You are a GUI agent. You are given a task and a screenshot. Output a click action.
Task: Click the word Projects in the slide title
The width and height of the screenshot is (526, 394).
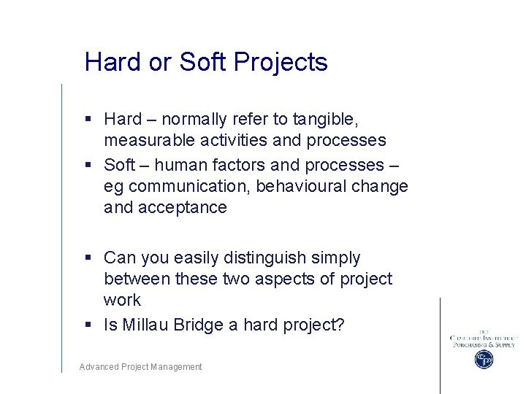pyautogui.click(x=281, y=63)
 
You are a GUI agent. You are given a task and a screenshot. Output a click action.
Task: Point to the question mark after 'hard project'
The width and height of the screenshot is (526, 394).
pyautogui.click(x=339, y=325)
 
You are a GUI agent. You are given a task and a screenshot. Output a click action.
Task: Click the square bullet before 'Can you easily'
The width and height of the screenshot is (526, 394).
pyautogui.click(x=88, y=258)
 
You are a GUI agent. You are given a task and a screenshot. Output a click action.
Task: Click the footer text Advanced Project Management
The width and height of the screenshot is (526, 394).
pyautogui.click(x=140, y=367)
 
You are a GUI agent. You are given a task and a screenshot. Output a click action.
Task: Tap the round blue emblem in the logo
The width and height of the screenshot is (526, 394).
pyautogui.click(x=483, y=359)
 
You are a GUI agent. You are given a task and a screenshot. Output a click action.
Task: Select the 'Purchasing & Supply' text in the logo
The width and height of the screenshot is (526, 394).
pyautogui.click(x=483, y=344)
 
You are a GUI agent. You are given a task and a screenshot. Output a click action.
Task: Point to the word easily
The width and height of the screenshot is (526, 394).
pyautogui.click(x=189, y=258)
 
